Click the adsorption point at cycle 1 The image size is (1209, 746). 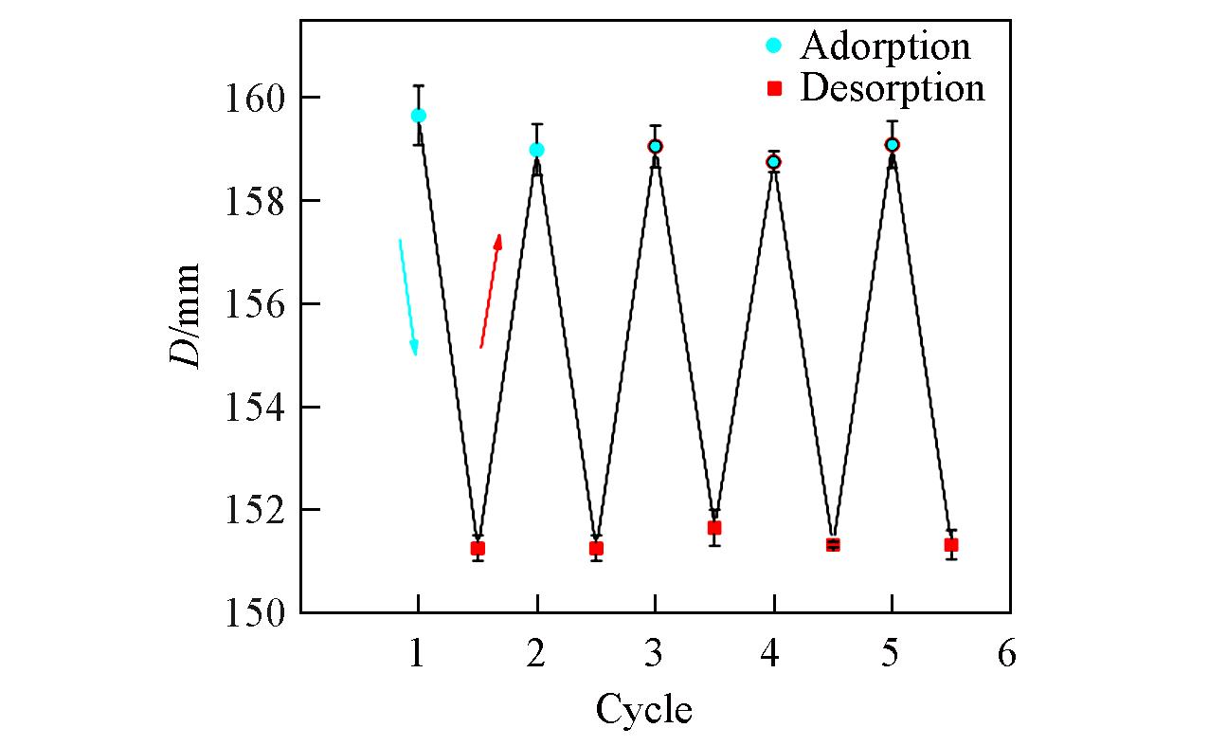pyautogui.click(x=418, y=116)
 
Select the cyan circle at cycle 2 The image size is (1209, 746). pyautogui.click(x=536, y=150)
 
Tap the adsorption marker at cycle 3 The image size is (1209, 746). pyautogui.click(x=655, y=146)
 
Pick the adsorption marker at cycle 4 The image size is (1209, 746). pyautogui.click(x=773, y=162)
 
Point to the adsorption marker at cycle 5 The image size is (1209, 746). pyautogui.click(x=892, y=144)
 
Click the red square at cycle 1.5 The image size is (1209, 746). pyautogui.click(x=478, y=548)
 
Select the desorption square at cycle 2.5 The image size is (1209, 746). pyautogui.click(x=596, y=548)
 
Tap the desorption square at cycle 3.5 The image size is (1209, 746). pyautogui.click(x=714, y=527)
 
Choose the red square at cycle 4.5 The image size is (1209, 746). pyautogui.click(x=833, y=544)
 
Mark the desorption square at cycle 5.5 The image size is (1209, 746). pyautogui.click(x=950, y=544)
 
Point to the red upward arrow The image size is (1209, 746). pyautogui.click(x=491, y=290)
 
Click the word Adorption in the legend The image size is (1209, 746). pyautogui.click(x=885, y=45)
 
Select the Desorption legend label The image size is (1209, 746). pyautogui.click(x=892, y=88)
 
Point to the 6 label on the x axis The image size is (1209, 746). pyautogui.click(x=1006, y=653)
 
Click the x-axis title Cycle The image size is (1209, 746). pyautogui.click(x=643, y=708)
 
